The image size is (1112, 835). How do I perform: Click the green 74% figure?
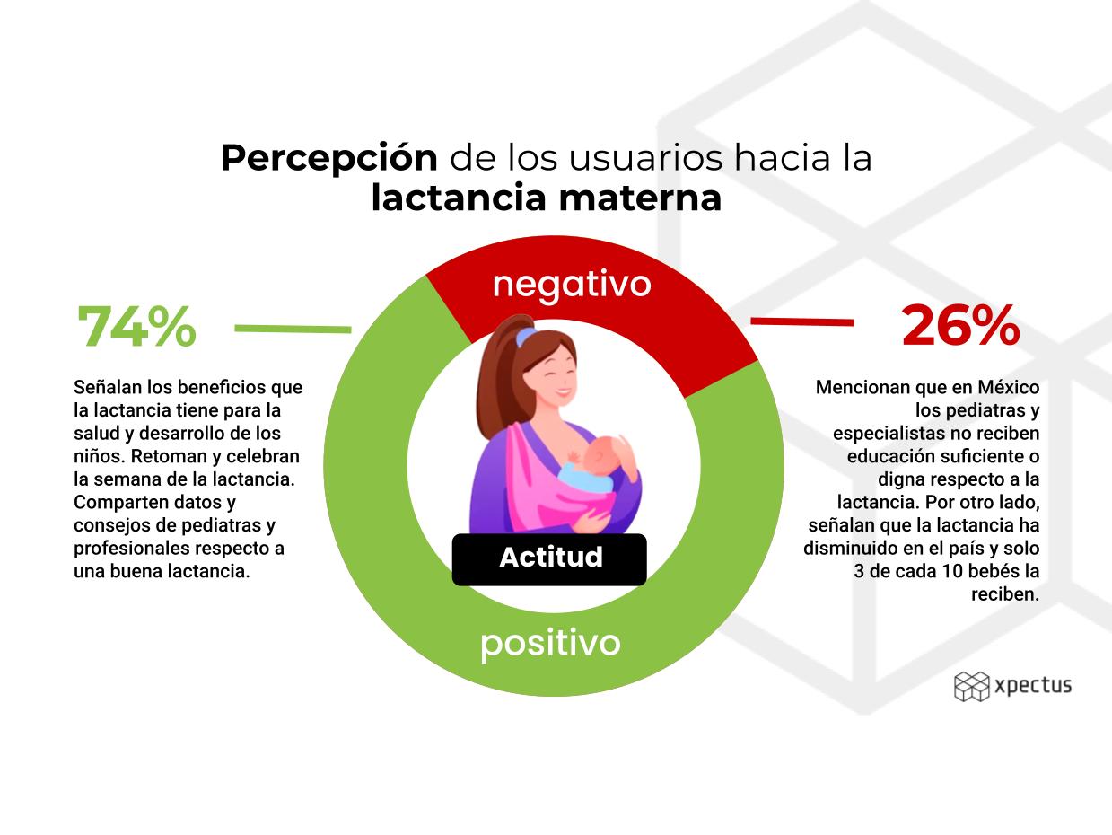click(x=136, y=326)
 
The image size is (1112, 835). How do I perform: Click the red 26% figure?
click(x=960, y=325)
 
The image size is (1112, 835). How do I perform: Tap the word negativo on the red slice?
click(x=572, y=286)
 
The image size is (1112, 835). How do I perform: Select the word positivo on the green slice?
click(x=550, y=644)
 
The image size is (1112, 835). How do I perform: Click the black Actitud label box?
click(x=549, y=559)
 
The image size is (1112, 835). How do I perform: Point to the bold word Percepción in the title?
click(x=328, y=158)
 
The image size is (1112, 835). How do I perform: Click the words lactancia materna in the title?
click(x=546, y=198)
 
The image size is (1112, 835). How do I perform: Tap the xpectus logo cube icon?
click(x=971, y=687)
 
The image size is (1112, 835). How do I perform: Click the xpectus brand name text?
click(x=1033, y=686)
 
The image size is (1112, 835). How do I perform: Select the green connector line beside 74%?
click(x=293, y=329)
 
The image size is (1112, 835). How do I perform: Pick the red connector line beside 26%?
click(x=802, y=321)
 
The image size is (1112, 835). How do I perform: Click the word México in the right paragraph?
click(x=1008, y=387)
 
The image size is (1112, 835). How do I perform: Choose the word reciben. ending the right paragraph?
click(x=1005, y=594)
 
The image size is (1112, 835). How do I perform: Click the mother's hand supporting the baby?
click(x=591, y=522)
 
